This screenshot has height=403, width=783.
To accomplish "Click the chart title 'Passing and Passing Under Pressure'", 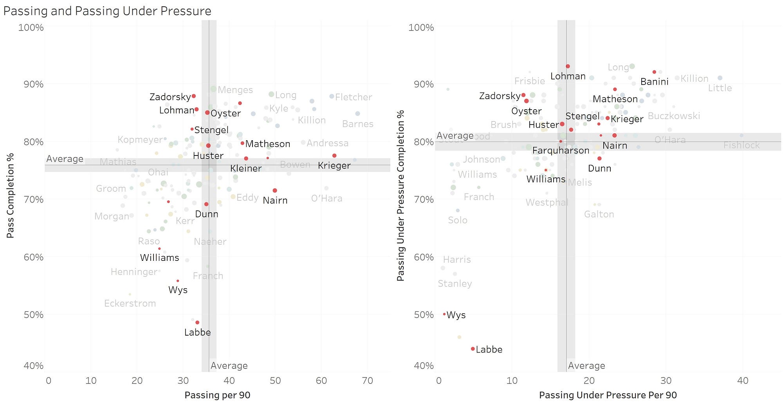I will tap(107, 11).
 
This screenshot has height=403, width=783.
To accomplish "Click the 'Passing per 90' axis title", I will tap(217, 395).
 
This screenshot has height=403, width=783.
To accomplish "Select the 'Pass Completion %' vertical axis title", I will tap(11, 195).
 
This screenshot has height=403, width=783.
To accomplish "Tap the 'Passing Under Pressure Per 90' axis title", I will tap(608, 395).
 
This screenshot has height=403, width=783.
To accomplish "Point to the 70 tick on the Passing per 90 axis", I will tap(367, 380).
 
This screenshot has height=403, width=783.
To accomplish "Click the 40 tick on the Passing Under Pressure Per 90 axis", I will tap(743, 380).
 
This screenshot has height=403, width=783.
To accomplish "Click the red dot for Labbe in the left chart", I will tap(197, 322).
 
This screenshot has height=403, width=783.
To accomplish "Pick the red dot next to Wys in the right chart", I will tap(444, 314).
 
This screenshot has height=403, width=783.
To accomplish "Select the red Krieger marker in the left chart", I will tap(334, 155).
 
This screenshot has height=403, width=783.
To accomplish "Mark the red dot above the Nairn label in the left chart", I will tap(275, 190).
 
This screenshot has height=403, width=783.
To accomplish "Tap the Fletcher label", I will tap(354, 97).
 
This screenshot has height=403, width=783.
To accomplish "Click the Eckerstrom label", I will tap(130, 303).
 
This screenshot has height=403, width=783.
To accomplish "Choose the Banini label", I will tap(654, 82).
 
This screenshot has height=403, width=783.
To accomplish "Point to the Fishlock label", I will tap(742, 145).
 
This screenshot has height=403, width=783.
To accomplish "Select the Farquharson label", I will tap(561, 150).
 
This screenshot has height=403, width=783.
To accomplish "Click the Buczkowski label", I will tap(674, 116).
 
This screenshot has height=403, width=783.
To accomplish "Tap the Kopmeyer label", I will tap(140, 140).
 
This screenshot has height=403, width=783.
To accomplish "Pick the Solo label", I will tap(457, 220).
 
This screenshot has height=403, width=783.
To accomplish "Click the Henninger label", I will tap(134, 272).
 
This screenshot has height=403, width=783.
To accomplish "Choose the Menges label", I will tap(235, 90).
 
